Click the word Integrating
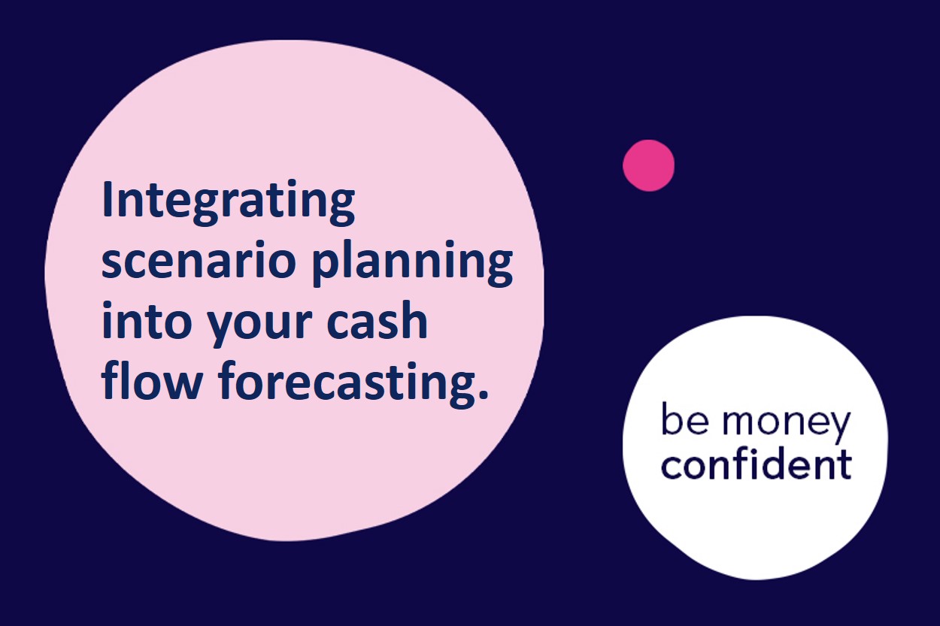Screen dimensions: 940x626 pos(228,203)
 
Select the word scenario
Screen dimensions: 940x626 pos(199,259)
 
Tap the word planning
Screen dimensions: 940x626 pos(413,263)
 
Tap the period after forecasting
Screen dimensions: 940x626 pos(483,393)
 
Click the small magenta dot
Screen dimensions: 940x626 pos(649,165)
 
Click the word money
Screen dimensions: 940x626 pos(786,425)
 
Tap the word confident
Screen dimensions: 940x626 pos(757,463)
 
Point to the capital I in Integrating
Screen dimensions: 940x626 pos(107,198)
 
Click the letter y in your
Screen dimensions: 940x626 pos(223,328)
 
